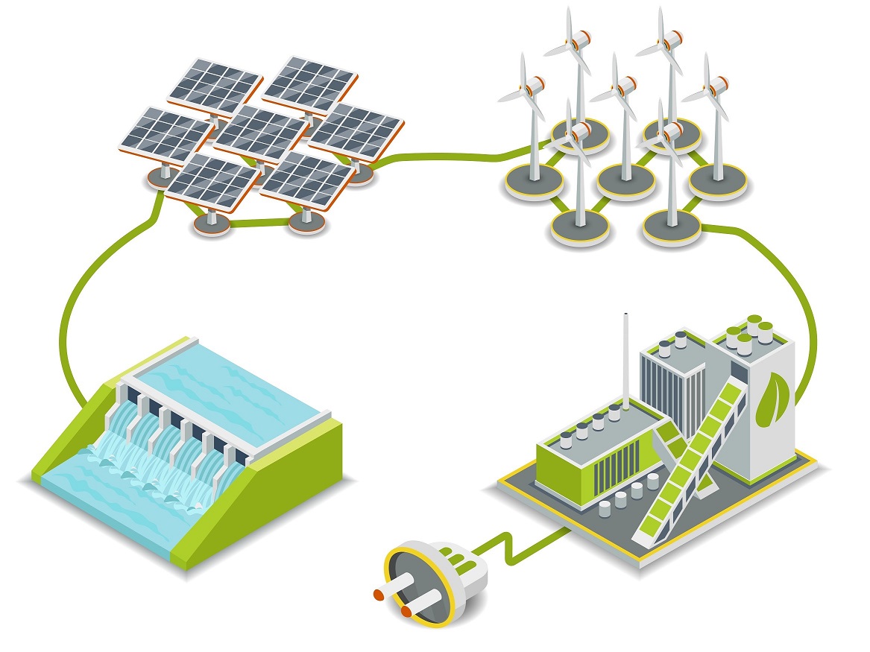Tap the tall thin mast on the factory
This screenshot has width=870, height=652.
click(625, 358)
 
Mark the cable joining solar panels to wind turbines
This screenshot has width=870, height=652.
click(447, 156)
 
